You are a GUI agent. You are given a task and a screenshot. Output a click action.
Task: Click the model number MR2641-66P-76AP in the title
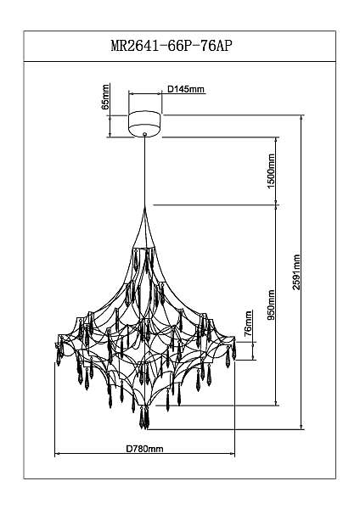point(172,46)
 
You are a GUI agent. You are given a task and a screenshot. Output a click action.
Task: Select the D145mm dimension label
point(186,89)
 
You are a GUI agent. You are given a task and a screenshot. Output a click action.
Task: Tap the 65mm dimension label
point(105,97)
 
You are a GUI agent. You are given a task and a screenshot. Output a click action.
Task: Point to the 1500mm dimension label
point(272,171)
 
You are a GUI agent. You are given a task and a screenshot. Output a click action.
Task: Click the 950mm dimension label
point(272,305)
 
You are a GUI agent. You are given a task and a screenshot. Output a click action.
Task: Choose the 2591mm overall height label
point(296,272)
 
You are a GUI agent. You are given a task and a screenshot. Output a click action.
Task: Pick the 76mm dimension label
point(249,322)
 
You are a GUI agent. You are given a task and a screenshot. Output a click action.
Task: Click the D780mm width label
point(144,449)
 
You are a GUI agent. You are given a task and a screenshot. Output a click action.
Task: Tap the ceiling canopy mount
point(144,123)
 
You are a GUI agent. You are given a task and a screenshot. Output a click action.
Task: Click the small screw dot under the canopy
point(145,133)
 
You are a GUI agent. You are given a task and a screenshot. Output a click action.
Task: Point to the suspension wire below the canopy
point(145,171)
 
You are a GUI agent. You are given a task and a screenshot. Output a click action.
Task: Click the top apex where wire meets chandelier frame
point(145,208)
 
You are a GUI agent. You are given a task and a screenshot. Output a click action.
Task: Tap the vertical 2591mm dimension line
point(302,272)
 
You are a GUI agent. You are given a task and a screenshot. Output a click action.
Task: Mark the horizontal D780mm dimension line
point(144,454)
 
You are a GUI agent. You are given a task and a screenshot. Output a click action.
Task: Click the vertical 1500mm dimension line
point(277,171)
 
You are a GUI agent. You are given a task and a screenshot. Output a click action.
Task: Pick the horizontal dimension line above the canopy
point(145,94)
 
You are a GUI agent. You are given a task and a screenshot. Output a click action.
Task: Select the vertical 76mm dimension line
point(254,351)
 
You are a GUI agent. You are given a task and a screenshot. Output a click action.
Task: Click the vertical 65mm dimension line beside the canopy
point(110,126)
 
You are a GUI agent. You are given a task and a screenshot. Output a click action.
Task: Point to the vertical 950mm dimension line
point(277,305)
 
